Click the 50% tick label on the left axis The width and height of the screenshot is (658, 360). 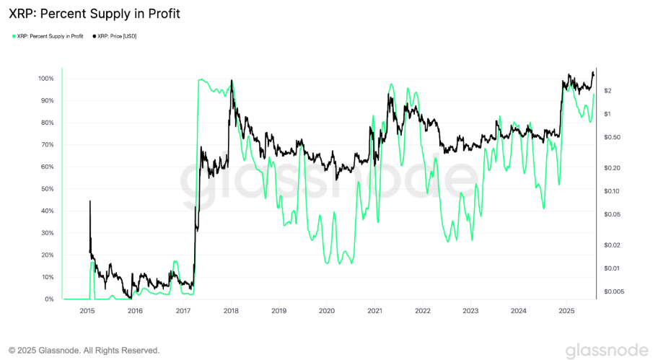coord(46,189)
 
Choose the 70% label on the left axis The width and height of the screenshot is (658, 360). coord(46,144)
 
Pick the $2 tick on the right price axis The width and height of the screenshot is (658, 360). coord(607,90)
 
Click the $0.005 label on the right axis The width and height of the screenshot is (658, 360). coord(613,291)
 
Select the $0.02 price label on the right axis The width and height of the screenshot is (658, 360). coord(610,245)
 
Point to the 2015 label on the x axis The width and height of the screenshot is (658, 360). coord(87,311)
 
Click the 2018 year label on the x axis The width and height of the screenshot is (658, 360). coord(231,311)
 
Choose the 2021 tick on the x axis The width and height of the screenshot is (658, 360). coord(375,311)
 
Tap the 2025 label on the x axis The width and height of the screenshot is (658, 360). coord(566,311)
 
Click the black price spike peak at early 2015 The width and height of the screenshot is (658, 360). coord(90,201)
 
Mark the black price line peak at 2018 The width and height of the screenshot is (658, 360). coord(232,80)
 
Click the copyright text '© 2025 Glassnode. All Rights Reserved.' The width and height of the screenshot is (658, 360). coord(84,350)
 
